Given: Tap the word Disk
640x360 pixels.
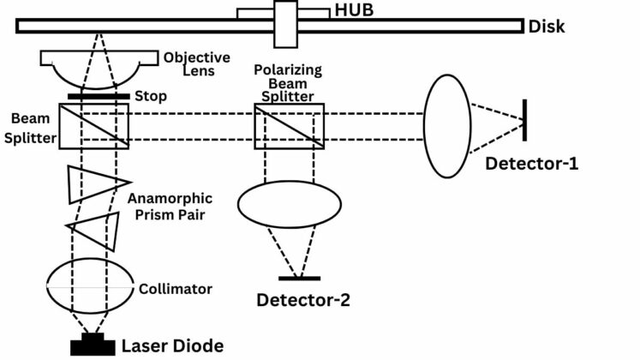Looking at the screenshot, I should tap(548, 27).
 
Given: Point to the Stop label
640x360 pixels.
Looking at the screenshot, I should tap(150, 96).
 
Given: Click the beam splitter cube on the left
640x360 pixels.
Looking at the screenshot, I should tap(94, 125).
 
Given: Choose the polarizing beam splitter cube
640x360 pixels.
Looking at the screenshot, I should tap(290, 125).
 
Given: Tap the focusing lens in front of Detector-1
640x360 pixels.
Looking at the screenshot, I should tap(447, 125).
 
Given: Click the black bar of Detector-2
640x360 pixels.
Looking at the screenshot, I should tap(300, 279).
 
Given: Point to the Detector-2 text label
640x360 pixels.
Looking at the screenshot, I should tap(304, 300).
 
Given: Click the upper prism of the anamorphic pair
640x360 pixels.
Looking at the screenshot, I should tap(94, 183).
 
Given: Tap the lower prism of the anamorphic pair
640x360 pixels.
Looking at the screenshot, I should tap(96, 230).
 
